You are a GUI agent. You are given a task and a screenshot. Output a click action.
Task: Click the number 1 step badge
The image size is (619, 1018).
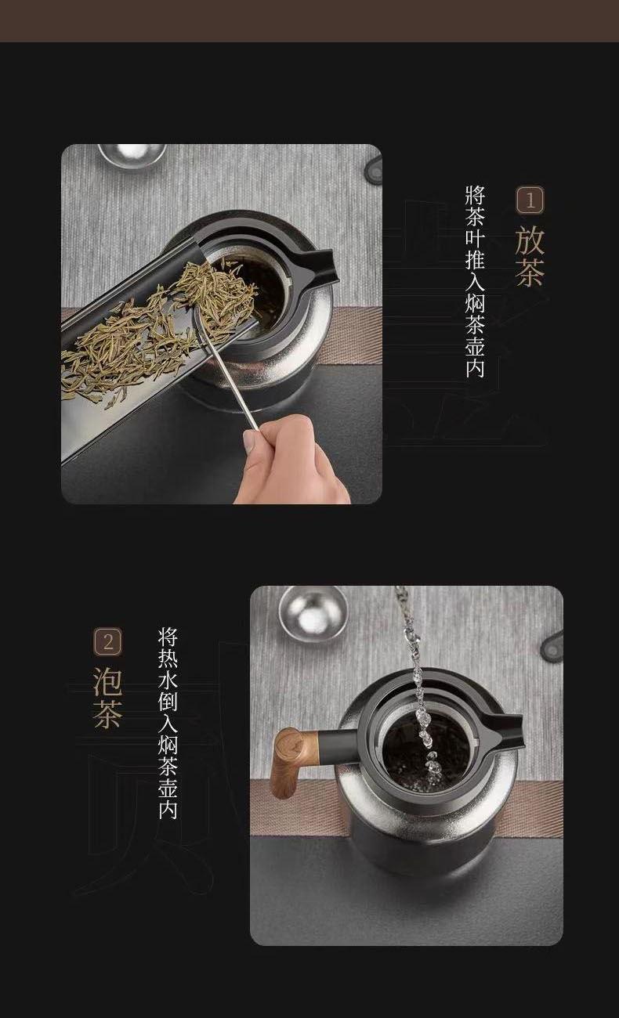coord(530,200)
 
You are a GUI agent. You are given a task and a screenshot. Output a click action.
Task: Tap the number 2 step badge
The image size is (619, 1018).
coord(108,641)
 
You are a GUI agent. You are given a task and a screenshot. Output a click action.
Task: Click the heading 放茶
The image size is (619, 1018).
coord(530,256)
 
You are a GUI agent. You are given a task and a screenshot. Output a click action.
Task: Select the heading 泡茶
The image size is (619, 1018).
coord(108,698)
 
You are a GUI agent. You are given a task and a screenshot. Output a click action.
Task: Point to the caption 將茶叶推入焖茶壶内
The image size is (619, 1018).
coord(475,281)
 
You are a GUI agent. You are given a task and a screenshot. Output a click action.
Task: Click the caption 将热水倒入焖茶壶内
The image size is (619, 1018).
coord(168,723)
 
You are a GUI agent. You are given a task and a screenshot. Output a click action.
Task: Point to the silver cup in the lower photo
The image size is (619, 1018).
coord(313,613)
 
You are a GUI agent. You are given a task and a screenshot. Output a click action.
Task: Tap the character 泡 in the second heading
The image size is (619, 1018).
coord(108,681)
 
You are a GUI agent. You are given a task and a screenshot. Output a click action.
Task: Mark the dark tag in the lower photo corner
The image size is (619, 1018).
coord(552,646)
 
